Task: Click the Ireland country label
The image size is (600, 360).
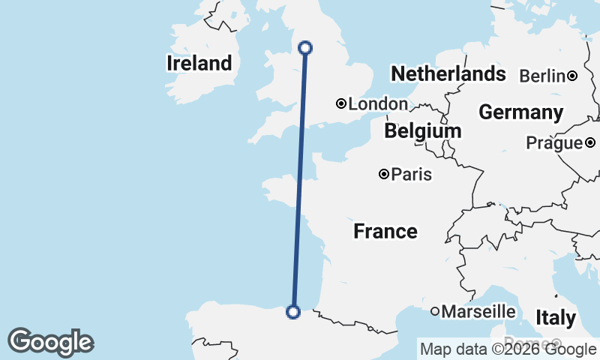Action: pyautogui.click(x=199, y=63)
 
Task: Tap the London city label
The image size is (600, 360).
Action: pyautogui.click(x=378, y=104)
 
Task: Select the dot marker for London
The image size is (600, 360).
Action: pyautogui.click(x=341, y=103)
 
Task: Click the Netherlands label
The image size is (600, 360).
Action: pyautogui.click(x=448, y=73)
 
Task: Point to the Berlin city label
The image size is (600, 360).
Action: pyautogui.click(x=541, y=76)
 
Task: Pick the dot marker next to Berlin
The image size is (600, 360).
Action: pyautogui.click(x=572, y=75)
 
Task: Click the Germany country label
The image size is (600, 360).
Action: pyautogui.click(x=521, y=112)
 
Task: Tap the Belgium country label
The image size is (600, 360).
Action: pyautogui.click(x=423, y=131)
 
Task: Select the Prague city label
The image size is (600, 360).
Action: pyautogui.click(x=554, y=142)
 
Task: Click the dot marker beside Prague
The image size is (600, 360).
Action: pyautogui.click(x=590, y=142)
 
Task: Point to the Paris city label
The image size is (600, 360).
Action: pyautogui.click(x=412, y=175)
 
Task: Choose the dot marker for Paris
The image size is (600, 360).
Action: pyautogui.click(x=384, y=174)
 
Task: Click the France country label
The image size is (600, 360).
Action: pyautogui.click(x=385, y=231)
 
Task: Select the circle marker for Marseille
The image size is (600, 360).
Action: pyautogui.click(x=435, y=310)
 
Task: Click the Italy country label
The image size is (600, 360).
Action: pyautogui.click(x=556, y=317)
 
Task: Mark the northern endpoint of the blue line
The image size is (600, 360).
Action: pyautogui.click(x=305, y=48)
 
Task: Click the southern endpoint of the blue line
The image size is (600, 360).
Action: pyautogui.click(x=293, y=311)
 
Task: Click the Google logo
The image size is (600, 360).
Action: pyautogui.click(x=50, y=342)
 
